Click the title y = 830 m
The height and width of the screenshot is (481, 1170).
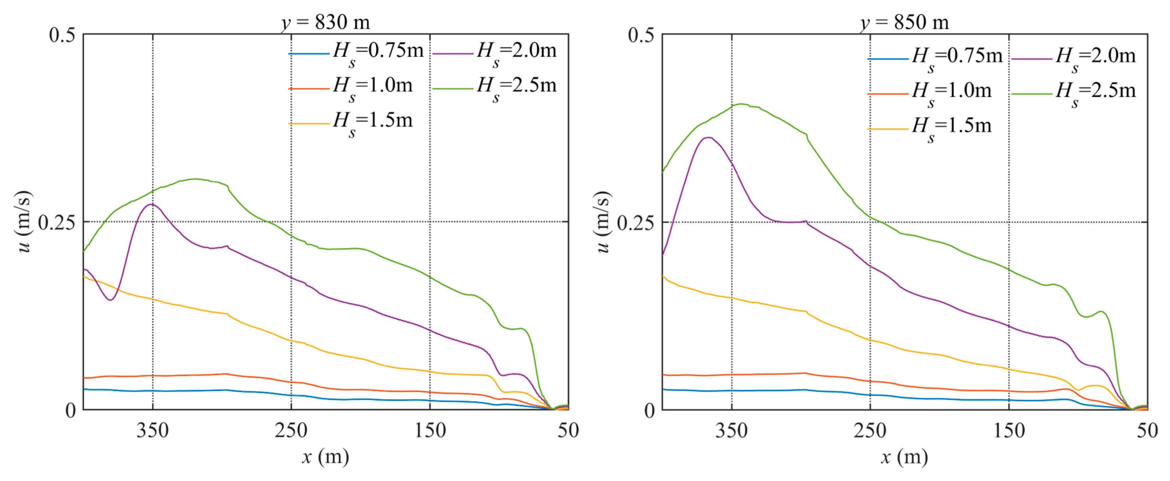tap(325, 22)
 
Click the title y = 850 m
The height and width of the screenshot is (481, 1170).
tap(904, 22)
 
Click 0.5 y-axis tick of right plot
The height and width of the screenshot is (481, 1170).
tap(641, 35)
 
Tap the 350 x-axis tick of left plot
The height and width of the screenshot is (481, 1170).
tap(153, 430)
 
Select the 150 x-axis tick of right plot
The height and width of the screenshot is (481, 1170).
tap(1009, 430)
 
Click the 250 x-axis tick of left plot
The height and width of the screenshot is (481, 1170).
tap(291, 430)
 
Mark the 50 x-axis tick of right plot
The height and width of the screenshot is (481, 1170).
tap(1147, 430)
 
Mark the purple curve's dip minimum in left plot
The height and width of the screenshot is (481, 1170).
tap(110, 300)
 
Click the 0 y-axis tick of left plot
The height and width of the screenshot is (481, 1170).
tap(70, 410)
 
